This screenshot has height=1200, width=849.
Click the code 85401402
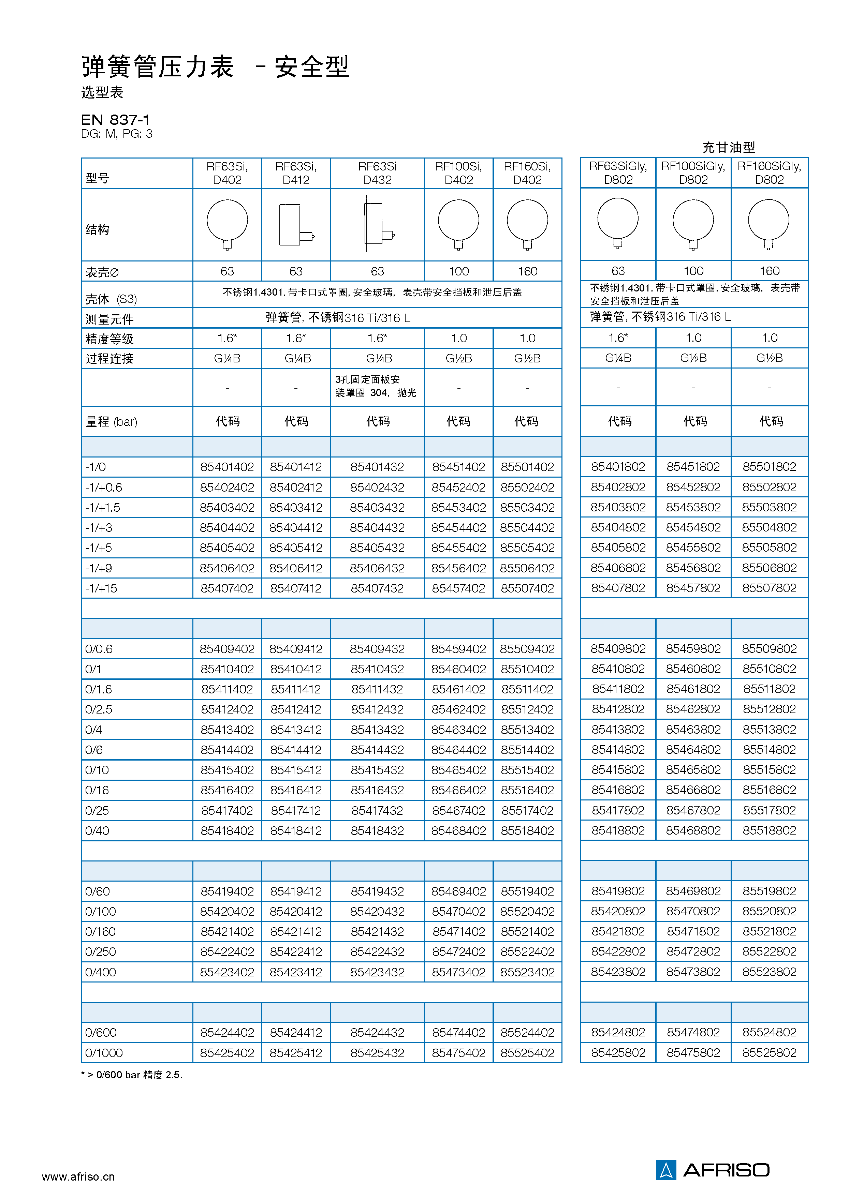[227, 467]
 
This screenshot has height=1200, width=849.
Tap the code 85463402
[458, 730]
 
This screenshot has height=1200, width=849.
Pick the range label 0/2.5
[99, 709]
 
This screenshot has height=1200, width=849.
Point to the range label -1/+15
[101, 588]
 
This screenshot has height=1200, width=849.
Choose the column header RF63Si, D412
[296, 173]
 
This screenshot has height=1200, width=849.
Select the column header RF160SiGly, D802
[769, 173]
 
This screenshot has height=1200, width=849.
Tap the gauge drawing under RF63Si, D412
[296, 225]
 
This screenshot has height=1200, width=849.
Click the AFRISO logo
[713, 1170]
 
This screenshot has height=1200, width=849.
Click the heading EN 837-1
[116, 120]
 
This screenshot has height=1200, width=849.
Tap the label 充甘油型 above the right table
[729, 147]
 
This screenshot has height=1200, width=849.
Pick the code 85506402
[527, 568]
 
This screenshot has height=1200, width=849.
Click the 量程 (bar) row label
[111, 421]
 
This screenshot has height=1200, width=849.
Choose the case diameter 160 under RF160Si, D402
[527, 271]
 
